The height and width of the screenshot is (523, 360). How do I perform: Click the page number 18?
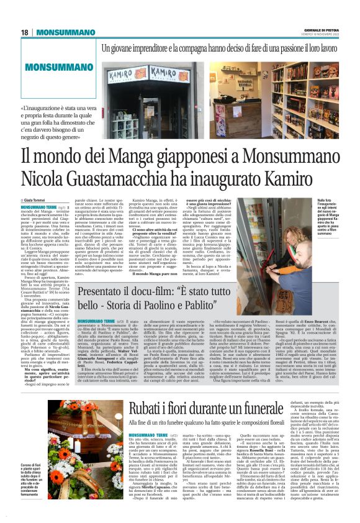coord(24,32)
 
